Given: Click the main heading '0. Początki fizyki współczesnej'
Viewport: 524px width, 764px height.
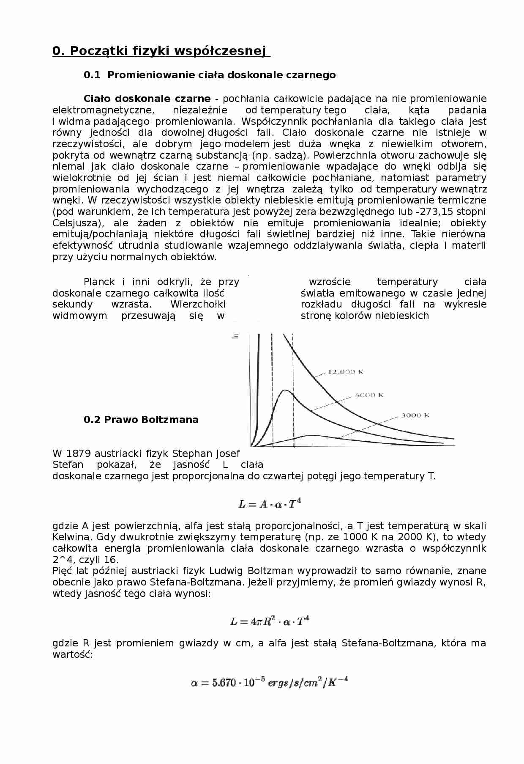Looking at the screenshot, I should (161, 51).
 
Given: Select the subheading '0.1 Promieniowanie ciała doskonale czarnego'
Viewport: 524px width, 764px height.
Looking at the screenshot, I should (210, 75).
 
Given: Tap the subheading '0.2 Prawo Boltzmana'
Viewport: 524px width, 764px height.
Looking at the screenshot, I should (141, 420).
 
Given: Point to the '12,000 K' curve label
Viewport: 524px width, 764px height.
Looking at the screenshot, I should (346, 372).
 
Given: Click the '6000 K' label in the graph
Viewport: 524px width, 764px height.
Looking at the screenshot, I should (369, 395).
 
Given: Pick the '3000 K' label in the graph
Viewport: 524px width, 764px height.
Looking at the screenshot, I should (415, 415).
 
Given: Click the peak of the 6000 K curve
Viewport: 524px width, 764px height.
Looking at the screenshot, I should (286, 390).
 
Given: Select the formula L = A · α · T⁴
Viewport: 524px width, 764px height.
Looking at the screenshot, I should (270, 503).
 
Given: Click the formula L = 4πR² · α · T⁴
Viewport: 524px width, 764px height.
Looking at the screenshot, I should (270, 621).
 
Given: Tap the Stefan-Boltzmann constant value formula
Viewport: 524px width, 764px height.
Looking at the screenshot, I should (270, 683).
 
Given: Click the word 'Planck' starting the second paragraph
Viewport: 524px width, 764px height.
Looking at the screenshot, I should (99, 282).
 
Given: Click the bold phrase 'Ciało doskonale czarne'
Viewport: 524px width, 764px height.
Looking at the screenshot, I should (147, 99).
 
